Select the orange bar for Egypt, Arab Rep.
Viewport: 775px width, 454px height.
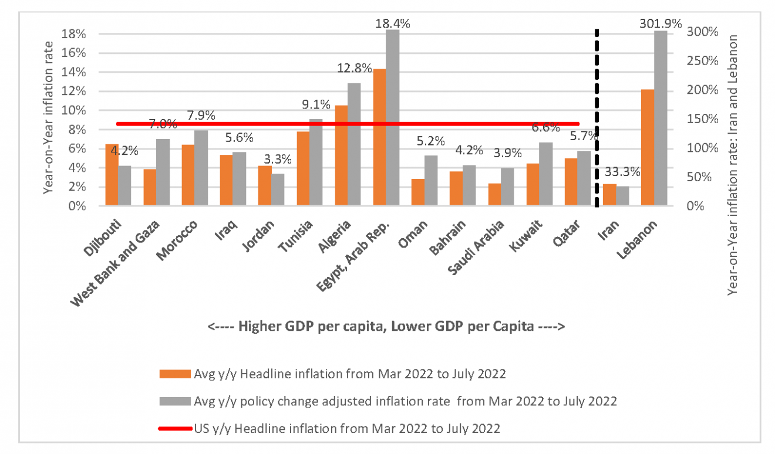pos(379,138)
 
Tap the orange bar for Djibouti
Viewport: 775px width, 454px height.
pos(112,175)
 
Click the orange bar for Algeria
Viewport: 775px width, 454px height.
pos(341,155)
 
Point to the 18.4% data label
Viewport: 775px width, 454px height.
pos(393,23)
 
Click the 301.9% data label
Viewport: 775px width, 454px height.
pos(660,23)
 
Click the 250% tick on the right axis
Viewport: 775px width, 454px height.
pos(703,61)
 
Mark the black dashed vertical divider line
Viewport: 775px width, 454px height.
pos(597,117)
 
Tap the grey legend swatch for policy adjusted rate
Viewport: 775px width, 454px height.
pos(174,402)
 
